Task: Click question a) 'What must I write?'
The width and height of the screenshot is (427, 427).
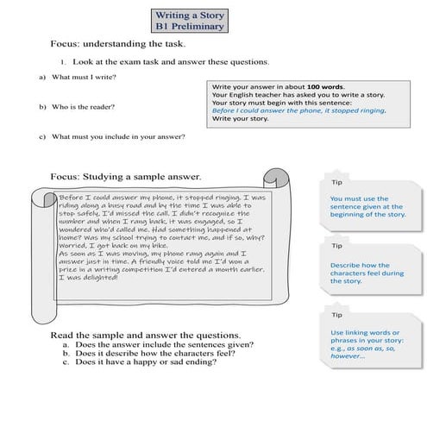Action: pos(84,78)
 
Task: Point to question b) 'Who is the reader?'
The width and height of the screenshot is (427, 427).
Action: pos(84,107)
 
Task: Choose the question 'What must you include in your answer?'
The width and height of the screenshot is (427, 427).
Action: pos(118,136)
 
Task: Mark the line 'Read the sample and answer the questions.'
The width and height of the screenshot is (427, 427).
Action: pos(145,334)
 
